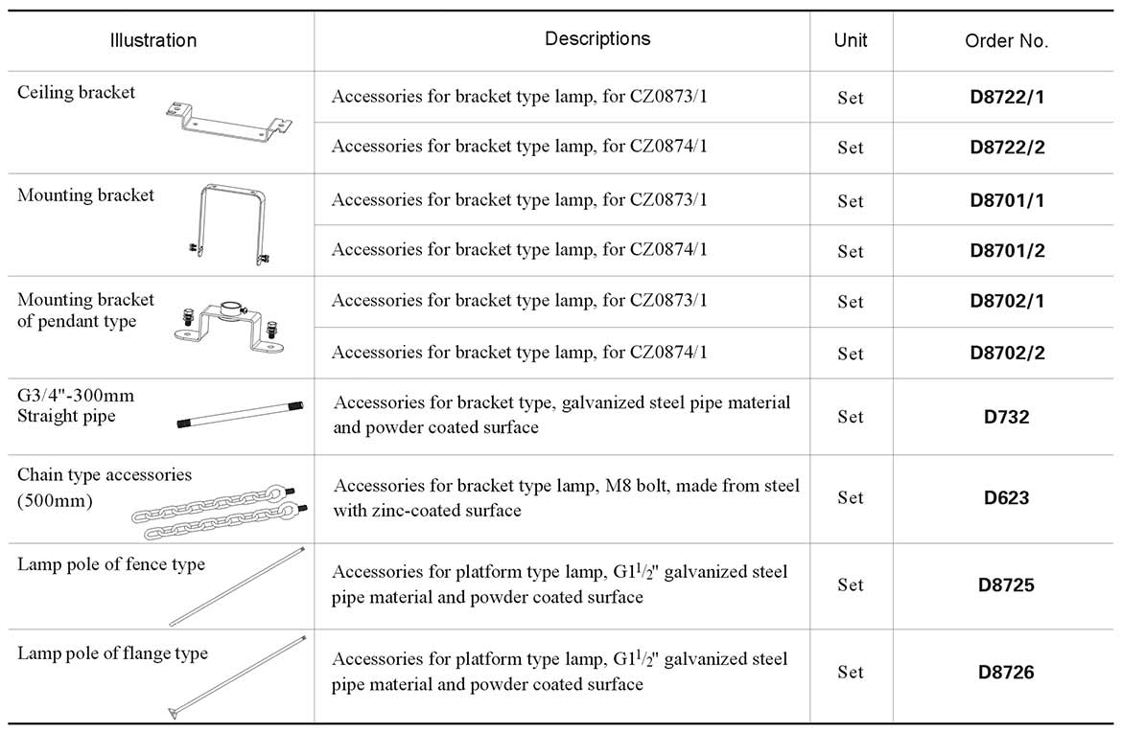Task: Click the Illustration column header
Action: [153, 40]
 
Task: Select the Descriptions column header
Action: [596, 38]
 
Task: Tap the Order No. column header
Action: [1006, 41]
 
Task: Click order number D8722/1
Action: [1006, 97]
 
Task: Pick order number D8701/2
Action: [1006, 251]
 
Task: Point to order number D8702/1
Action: [1006, 301]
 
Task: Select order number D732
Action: [1006, 417]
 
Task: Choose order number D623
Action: [1006, 497]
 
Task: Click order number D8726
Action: [1006, 672]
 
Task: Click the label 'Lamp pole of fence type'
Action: [111, 564]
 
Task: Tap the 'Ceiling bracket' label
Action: [77, 93]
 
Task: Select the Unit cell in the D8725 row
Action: [850, 584]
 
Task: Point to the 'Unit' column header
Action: [851, 40]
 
